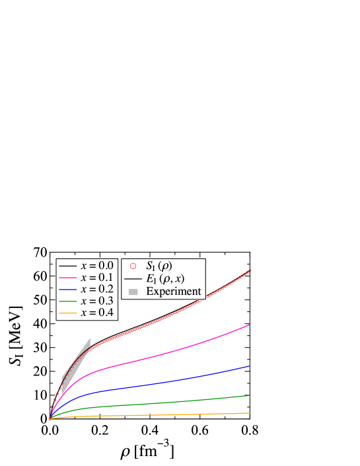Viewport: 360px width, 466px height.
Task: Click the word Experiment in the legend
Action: (x=173, y=291)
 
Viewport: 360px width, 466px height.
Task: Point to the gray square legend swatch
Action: (x=133, y=291)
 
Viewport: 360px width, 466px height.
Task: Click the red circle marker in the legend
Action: (x=133, y=266)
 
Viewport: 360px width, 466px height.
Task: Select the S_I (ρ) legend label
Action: (x=159, y=266)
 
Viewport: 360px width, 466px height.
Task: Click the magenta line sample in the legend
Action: (x=67, y=277)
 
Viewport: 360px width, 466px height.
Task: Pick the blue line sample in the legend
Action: (x=67, y=289)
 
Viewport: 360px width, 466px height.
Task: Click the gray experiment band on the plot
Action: (x=74, y=368)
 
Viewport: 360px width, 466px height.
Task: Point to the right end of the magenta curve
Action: (x=250, y=325)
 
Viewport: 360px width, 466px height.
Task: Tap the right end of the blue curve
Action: (x=250, y=366)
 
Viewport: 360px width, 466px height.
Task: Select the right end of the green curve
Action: (x=250, y=395)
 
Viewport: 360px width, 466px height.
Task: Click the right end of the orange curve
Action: (x=250, y=412)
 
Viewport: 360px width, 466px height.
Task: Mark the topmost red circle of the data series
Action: (x=250, y=270)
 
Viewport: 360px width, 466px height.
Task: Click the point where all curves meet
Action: (x=50, y=418)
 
